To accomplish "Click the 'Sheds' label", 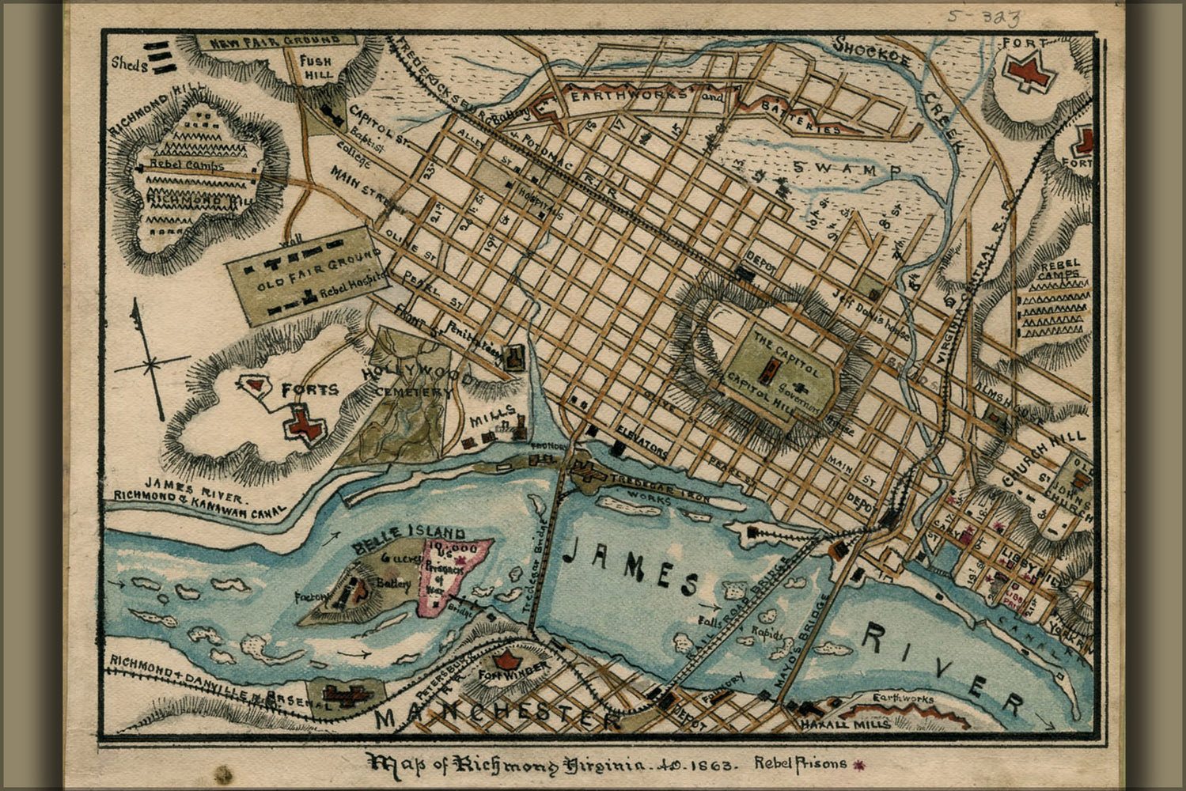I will click(129, 63).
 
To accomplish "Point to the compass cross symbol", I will click(150, 365).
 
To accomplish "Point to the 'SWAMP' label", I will click(846, 168).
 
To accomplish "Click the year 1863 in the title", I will click(713, 765).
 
